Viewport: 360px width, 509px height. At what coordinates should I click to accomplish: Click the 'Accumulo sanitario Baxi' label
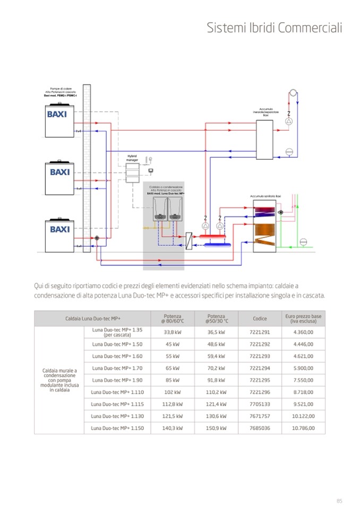point(265,196)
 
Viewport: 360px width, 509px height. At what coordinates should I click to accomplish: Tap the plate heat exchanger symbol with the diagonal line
point(188,238)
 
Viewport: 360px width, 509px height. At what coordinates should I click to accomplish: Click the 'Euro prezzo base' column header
point(303,318)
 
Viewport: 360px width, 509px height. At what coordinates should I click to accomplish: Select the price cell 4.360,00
point(303,333)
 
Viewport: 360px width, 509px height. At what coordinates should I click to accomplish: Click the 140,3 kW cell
point(172,428)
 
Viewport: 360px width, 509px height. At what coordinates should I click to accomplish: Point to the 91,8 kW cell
point(217,379)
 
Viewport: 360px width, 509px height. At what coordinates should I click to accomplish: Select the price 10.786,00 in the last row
point(303,428)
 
